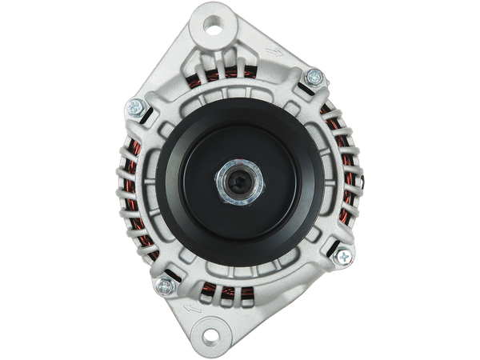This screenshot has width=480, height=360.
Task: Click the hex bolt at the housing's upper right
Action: tap(314, 78)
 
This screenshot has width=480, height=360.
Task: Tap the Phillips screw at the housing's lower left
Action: tap(166, 282)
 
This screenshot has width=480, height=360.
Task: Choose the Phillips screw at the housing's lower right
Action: tap(344, 257)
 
